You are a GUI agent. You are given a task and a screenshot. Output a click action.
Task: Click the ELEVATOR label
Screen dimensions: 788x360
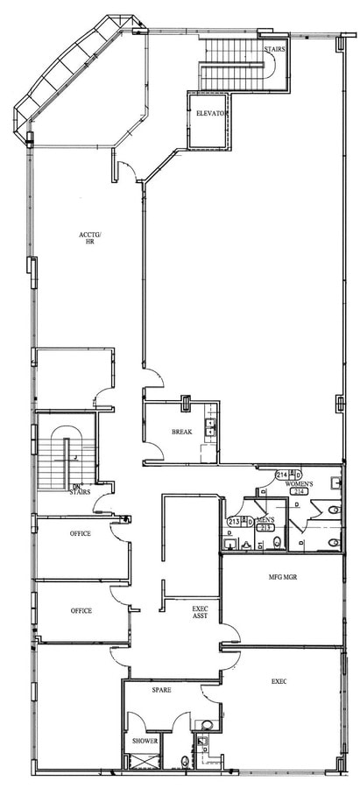(x=212, y=114)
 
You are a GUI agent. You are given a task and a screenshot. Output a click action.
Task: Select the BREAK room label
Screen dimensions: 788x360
(x=181, y=432)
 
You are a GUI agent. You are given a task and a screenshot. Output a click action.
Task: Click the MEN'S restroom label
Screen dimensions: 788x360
(x=265, y=521)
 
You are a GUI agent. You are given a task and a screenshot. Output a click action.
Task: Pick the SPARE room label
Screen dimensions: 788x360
(x=160, y=690)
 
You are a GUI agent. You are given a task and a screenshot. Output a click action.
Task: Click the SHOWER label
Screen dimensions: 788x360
(x=145, y=741)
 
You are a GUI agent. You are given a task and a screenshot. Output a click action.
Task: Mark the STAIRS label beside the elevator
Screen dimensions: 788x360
(x=273, y=50)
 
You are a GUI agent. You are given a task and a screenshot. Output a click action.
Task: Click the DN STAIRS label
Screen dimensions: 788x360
(x=79, y=489)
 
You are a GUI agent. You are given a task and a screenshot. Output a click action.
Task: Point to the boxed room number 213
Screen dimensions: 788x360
(x=265, y=529)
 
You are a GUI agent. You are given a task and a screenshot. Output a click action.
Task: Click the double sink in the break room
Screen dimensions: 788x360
(x=210, y=427)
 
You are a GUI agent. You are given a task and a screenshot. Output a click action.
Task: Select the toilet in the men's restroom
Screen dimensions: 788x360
(x=278, y=543)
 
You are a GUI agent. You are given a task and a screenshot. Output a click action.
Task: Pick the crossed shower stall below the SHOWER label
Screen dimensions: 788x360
(x=139, y=761)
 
